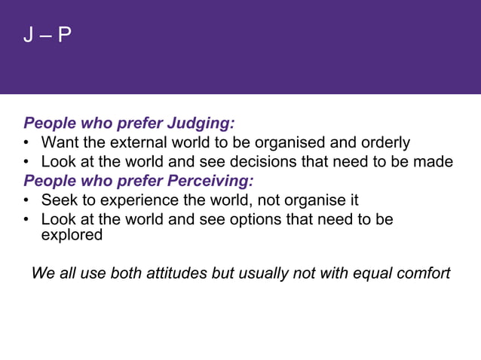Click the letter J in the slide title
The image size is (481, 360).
tap(28, 35)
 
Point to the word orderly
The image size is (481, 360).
tap(384, 142)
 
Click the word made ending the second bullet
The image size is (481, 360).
tap(435, 162)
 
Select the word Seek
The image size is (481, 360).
tap(57, 200)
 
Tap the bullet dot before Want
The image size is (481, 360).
tap(27, 143)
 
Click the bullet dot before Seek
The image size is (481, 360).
tap(27, 201)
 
